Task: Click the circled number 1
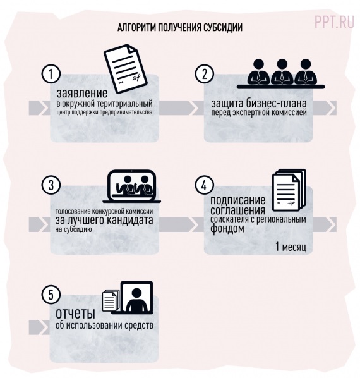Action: pyautogui.click(x=51, y=74)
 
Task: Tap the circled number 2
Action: pyautogui.click(x=205, y=74)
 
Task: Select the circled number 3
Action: pyautogui.click(x=51, y=185)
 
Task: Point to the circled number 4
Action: pyautogui.click(x=205, y=185)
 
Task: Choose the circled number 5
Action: pyautogui.click(x=51, y=295)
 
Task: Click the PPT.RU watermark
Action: pyautogui.click(x=335, y=22)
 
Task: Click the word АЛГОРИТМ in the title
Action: pyautogui.click(x=136, y=28)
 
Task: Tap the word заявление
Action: pyautogui.click(x=82, y=94)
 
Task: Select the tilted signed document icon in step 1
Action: pyautogui.click(x=126, y=68)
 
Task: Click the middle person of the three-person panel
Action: pyautogui.click(x=282, y=72)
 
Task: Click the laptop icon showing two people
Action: pyautogui.click(x=132, y=186)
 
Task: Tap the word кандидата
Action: pyautogui.click(x=129, y=221)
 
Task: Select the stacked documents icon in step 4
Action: pyautogui.click(x=289, y=190)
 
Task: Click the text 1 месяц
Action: pyautogui.click(x=291, y=247)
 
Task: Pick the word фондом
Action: pyautogui.click(x=227, y=228)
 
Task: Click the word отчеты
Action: pyautogui.click(x=75, y=314)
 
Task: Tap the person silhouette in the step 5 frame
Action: pyautogui.click(x=137, y=300)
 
